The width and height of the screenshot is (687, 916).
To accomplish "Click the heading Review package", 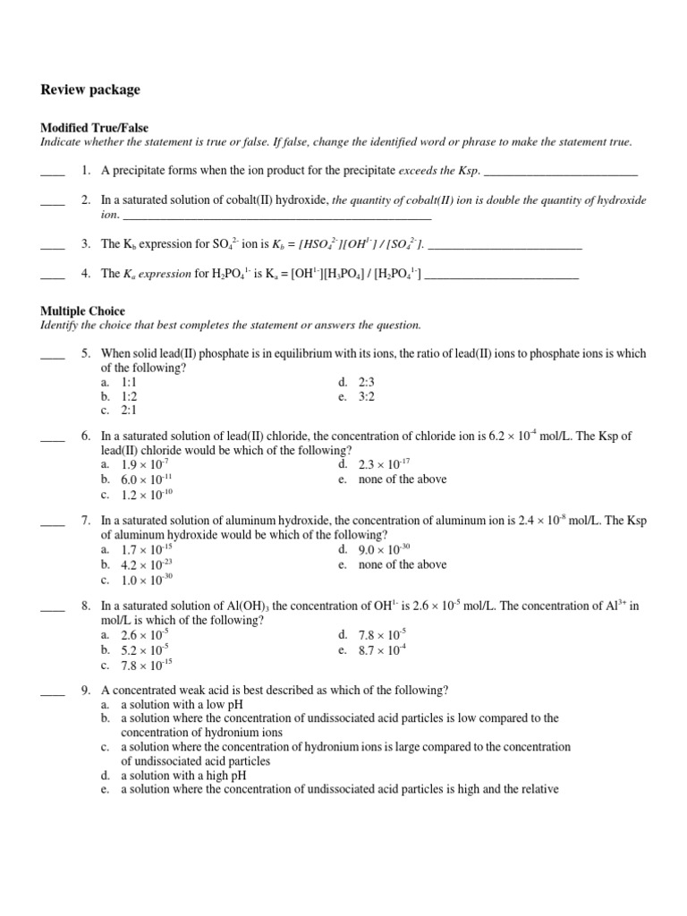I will tap(90, 90).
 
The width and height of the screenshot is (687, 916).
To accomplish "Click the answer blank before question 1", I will tap(53, 170).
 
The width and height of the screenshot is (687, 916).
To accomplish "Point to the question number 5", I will tap(86, 353).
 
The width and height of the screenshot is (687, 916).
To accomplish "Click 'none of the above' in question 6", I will tap(392, 479).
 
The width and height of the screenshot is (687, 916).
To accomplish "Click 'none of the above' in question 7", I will tap(392, 564).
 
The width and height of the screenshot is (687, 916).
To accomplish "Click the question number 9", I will tap(86, 690).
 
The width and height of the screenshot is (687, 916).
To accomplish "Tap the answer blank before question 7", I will tap(53, 522).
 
